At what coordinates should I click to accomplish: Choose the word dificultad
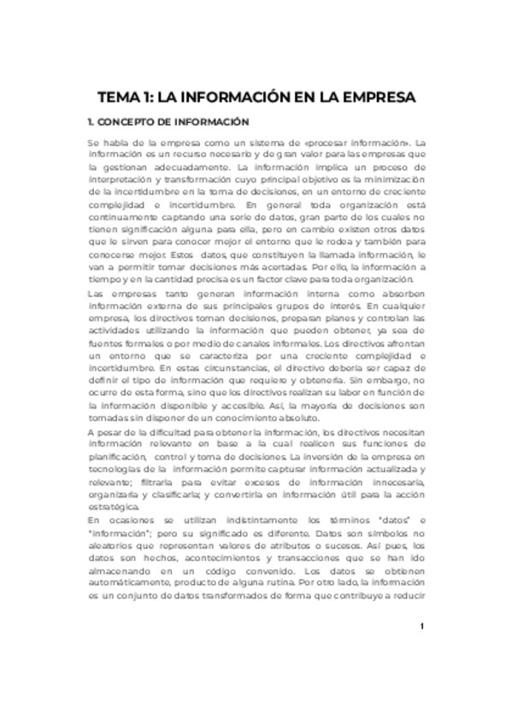coord(162,433)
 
